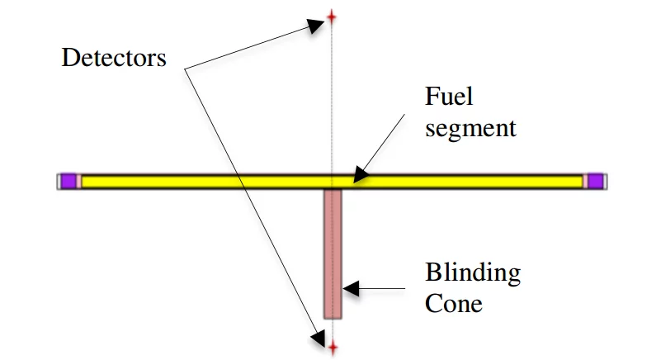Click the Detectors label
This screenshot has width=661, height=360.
(x=114, y=59)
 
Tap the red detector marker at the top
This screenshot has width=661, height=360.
(x=332, y=16)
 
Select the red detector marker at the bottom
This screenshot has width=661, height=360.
(x=333, y=348)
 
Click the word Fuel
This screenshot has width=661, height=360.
(x=448, y=97)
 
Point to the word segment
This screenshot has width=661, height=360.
(x=470, y=128)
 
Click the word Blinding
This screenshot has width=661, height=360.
(x=472, y=272)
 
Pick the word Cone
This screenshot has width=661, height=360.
(x=453, y=303)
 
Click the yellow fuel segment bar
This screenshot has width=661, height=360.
(x=206, y=181)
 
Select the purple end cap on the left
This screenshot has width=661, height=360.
(x=68, y=181)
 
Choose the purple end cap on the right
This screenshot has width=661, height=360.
(x=594, y=181)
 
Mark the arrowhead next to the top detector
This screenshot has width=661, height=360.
(x=315, y=26)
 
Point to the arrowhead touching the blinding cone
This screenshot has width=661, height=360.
(x=350, y=288)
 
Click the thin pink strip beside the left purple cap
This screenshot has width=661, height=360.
(x=78, y=181)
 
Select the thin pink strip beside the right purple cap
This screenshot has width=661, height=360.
(x=584, y=181)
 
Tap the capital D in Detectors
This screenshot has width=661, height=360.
(x=69, y=59)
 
